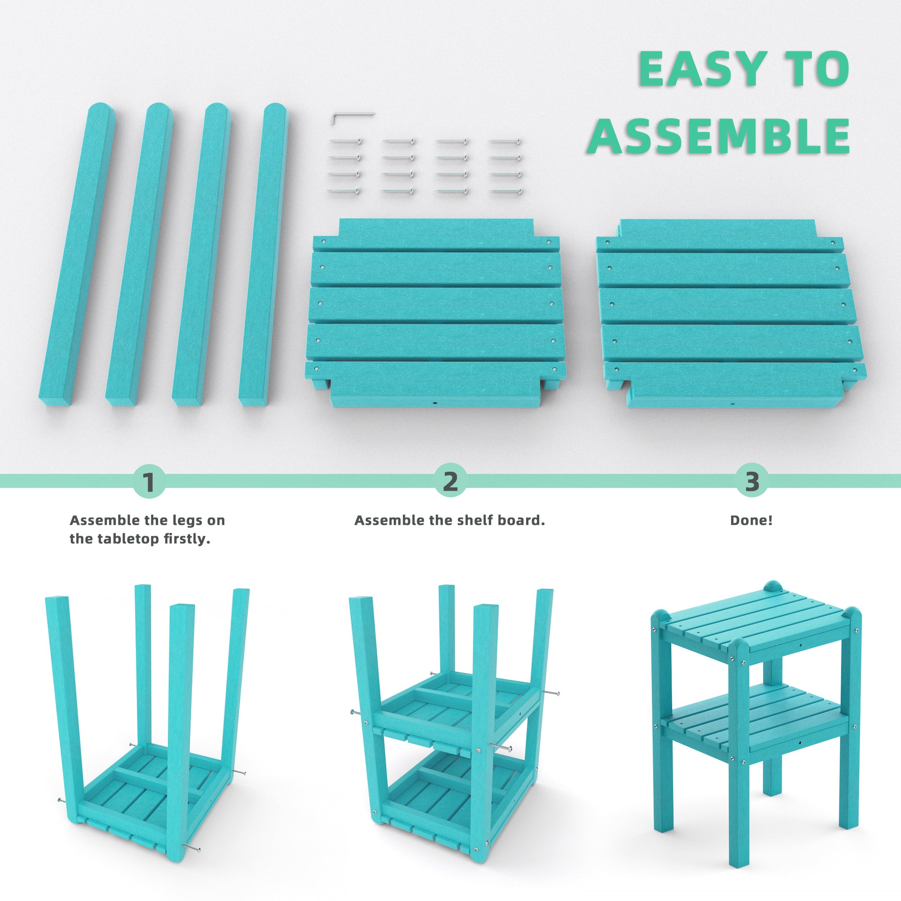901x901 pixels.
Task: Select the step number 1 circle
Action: point(149,482)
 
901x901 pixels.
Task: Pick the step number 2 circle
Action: point(450,482)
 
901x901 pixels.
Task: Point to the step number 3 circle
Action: point(752,482)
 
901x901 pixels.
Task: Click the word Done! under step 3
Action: point(751,520)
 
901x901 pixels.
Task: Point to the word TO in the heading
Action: point(817,69)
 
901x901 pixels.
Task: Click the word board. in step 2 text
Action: point(527,520)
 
